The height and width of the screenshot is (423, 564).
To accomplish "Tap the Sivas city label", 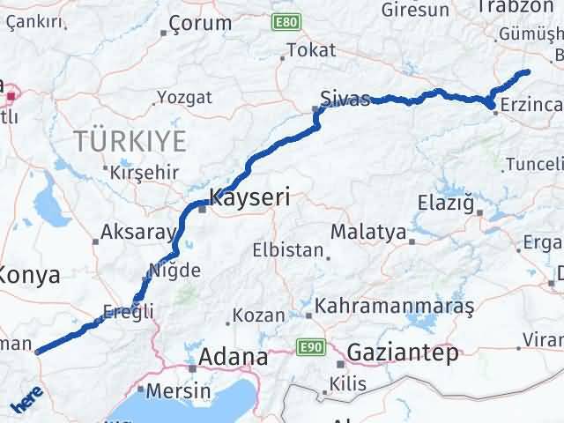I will pos(345,98).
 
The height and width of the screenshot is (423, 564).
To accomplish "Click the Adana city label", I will pos(233,357).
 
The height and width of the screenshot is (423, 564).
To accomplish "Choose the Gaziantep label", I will pos(404,352).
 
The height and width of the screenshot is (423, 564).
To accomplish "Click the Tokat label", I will pos(311,50).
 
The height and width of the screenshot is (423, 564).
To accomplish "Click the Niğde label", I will pos(174,271).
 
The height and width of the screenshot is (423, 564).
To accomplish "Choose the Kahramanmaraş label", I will pos(394,306).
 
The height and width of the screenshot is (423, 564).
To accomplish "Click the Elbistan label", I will pos(287,249).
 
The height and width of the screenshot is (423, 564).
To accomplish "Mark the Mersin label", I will pos(179,390).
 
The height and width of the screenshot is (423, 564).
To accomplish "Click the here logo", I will pos(26,398).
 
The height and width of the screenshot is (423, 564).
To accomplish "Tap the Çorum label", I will pos(200,24).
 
